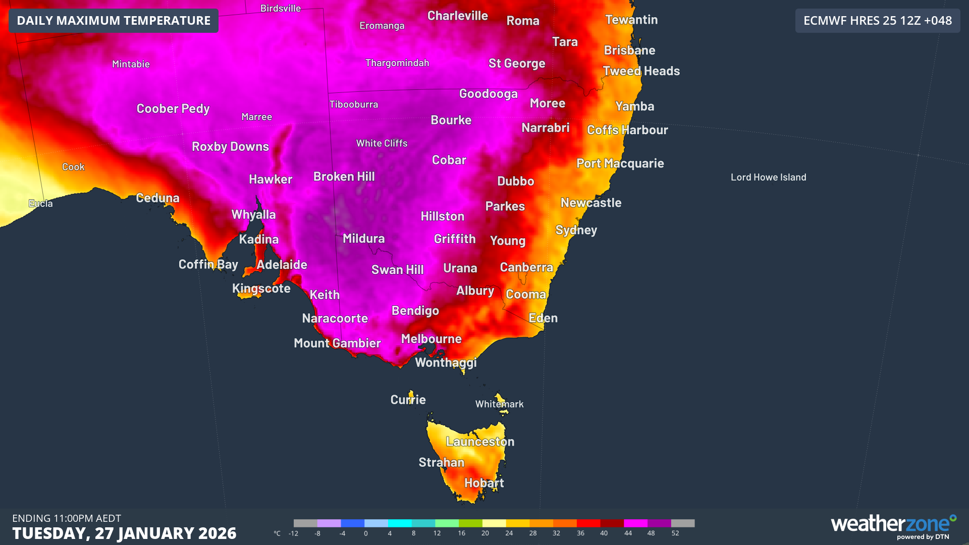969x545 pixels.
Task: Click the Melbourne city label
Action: pos(431,339)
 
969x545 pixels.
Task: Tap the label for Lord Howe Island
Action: pos(768,177)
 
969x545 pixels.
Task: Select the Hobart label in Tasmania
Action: pos(483,483)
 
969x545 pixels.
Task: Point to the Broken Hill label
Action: pos(344,177)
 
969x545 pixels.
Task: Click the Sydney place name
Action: pos(576,230)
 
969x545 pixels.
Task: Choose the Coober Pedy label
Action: pos(173,108)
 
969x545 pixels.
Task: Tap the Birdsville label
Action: pos(280,8)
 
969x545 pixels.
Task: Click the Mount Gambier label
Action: pos(337,343)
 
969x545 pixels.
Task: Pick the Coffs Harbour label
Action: pos(627,130)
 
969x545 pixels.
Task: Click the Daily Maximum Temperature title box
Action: pos(114,21)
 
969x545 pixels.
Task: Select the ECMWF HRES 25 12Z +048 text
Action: pos(877,21)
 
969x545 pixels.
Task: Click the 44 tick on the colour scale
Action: pos(628,533)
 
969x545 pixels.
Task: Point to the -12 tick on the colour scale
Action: pos(293,533)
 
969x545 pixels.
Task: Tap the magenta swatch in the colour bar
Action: pos(635,523)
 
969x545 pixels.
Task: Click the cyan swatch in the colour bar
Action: pos(400,523)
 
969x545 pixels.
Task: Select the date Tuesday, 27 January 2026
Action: pos(124,533)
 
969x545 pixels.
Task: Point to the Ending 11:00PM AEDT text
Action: pos(67,518)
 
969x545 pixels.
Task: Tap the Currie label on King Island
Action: pos(408,400)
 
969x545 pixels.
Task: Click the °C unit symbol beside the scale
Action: pos(277,533)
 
